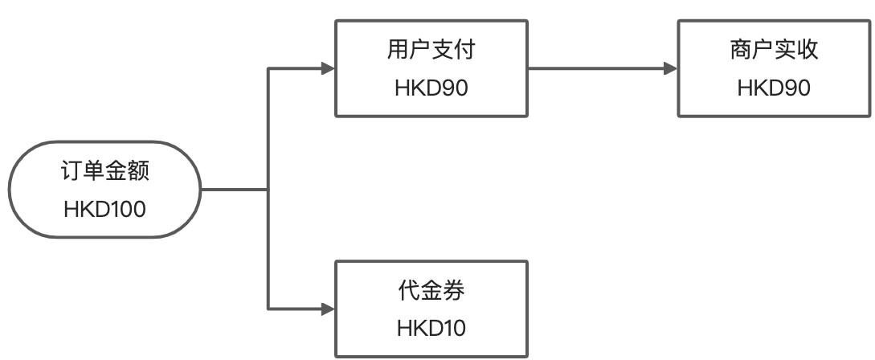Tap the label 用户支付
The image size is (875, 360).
[x=431, y=51]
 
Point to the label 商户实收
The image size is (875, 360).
[x=774, y=51]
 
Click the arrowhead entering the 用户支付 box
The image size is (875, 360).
[x=328, y=69]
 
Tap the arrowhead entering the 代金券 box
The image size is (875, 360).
[x=328, y=309]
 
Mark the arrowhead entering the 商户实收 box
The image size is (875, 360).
[x=670, y=69]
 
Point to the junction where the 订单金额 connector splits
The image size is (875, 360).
[x=268, y=190]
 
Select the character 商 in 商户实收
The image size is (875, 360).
[x=740, y=51]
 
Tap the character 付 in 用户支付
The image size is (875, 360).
[x=464, y=51]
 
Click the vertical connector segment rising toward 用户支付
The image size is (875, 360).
[x=268, y=129]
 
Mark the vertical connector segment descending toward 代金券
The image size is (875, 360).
[x=268, y=249]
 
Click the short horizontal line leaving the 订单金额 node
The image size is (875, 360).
[x=233, y=190]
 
